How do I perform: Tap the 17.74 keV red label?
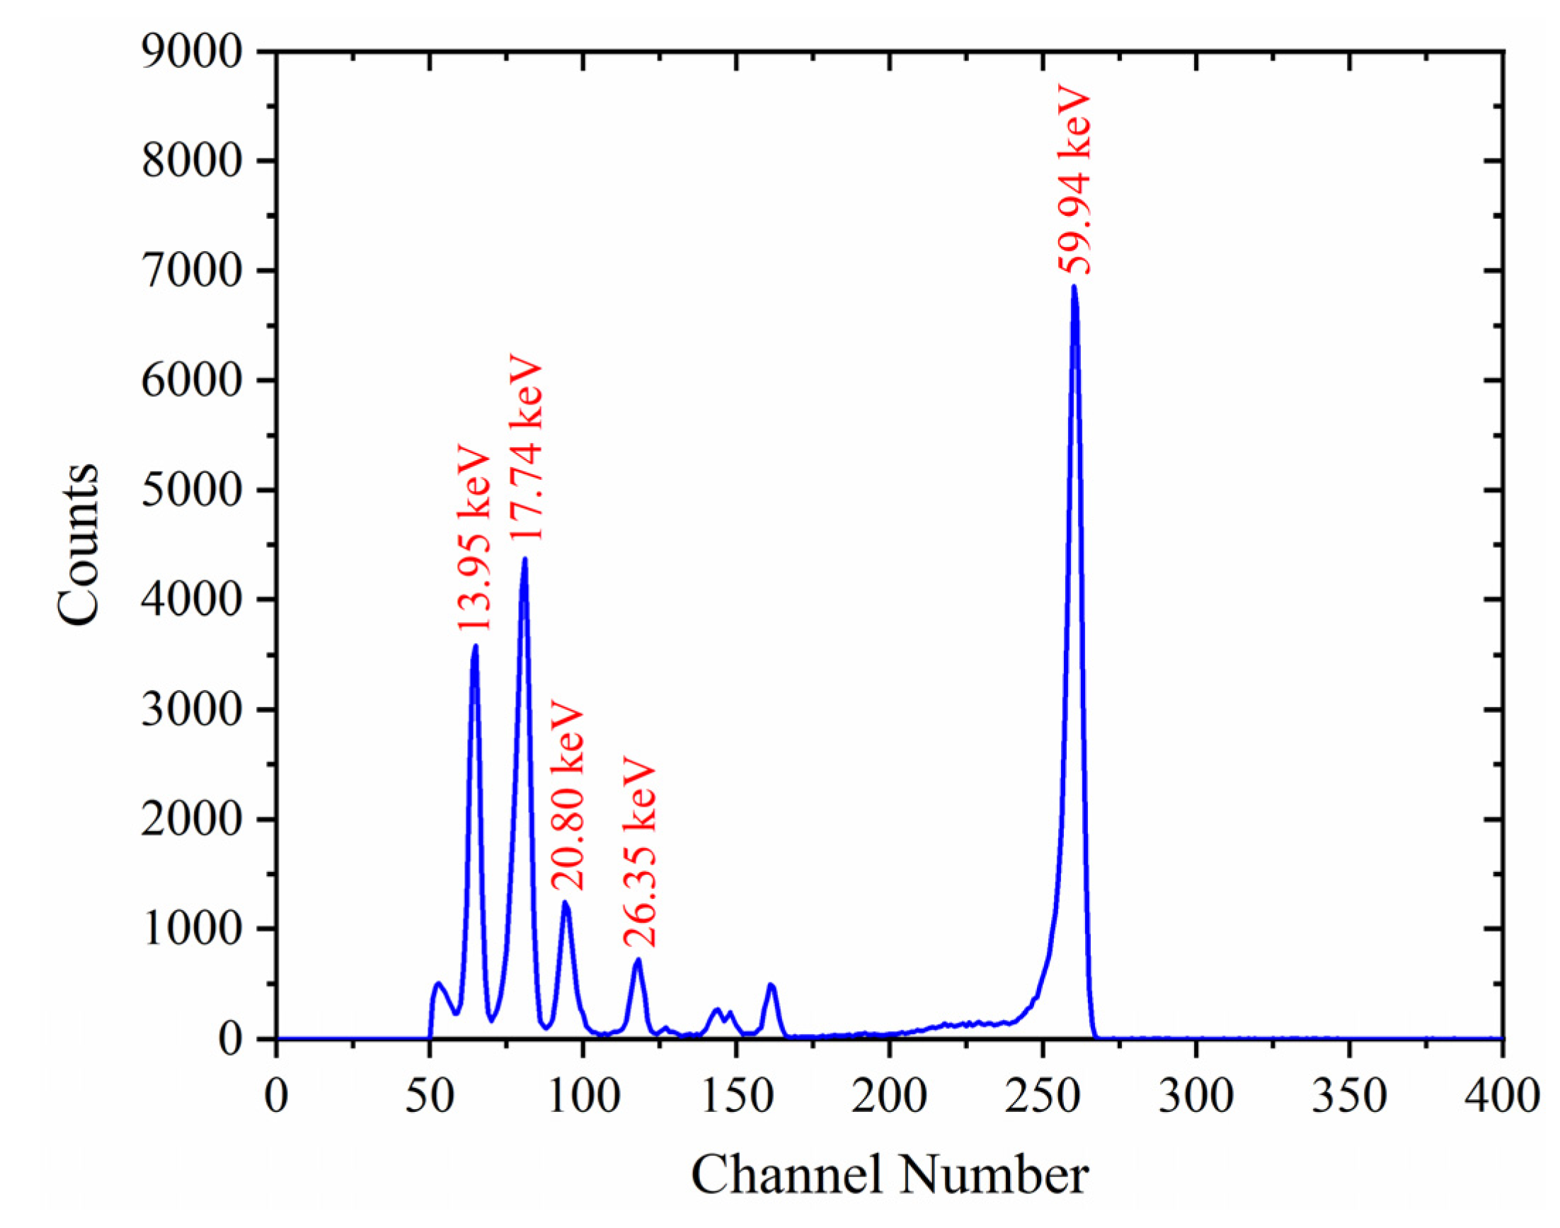525,447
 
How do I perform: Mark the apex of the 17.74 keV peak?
524,558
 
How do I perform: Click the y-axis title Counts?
77,544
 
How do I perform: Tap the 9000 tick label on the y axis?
190,52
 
